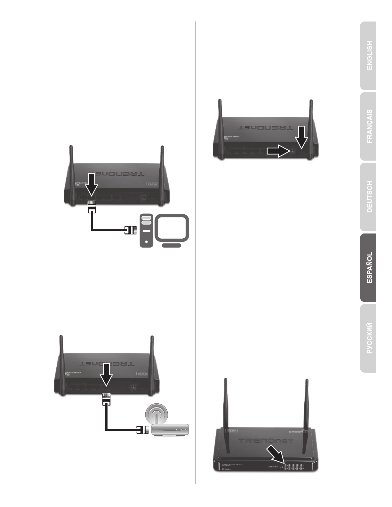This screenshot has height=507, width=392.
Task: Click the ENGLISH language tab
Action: (x=368, y=56)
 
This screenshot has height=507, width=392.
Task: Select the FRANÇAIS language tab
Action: (x=368, y=126)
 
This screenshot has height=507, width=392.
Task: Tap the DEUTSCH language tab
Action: (x=368, y=197)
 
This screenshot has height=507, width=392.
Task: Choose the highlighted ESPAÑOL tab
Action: (x=368, y=268)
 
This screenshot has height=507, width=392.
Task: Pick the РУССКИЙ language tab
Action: (x=368, y=338)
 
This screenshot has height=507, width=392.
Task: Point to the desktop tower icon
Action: (x=146, y=230)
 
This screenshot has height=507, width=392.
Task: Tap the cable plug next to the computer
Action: (x=129, y=230)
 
